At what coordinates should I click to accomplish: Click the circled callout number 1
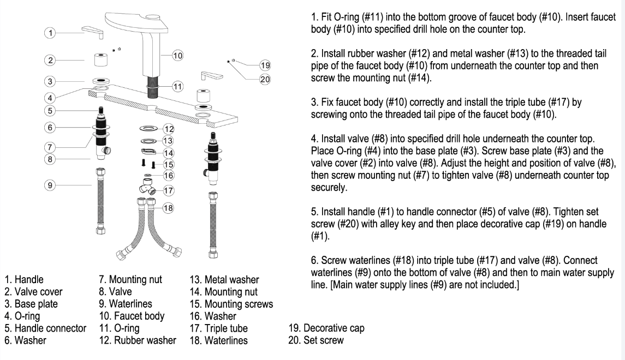pyautogui.click(x=50, y=33)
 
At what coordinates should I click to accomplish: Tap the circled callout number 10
pyautogui.click(x=177, y=55)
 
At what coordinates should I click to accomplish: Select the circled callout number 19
pyautogui.click(x=265, y=66)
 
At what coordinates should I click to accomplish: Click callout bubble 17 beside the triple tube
pyautogui.click(x=168, y=190)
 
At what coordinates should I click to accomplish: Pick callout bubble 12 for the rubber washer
pyautogui.click(x=168, y=129)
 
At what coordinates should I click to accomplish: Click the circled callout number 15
pyautogui.click(x=168, y=164)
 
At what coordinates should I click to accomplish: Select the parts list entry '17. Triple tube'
pyautogui.click(x=218, y=328)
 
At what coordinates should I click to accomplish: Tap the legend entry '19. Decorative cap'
pyautogui.click(x=326, y=328)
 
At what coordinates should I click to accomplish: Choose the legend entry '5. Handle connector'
pyautogui.click(x=45, y=328)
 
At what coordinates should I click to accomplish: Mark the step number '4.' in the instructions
pyautogui.click(x=315, y=138)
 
